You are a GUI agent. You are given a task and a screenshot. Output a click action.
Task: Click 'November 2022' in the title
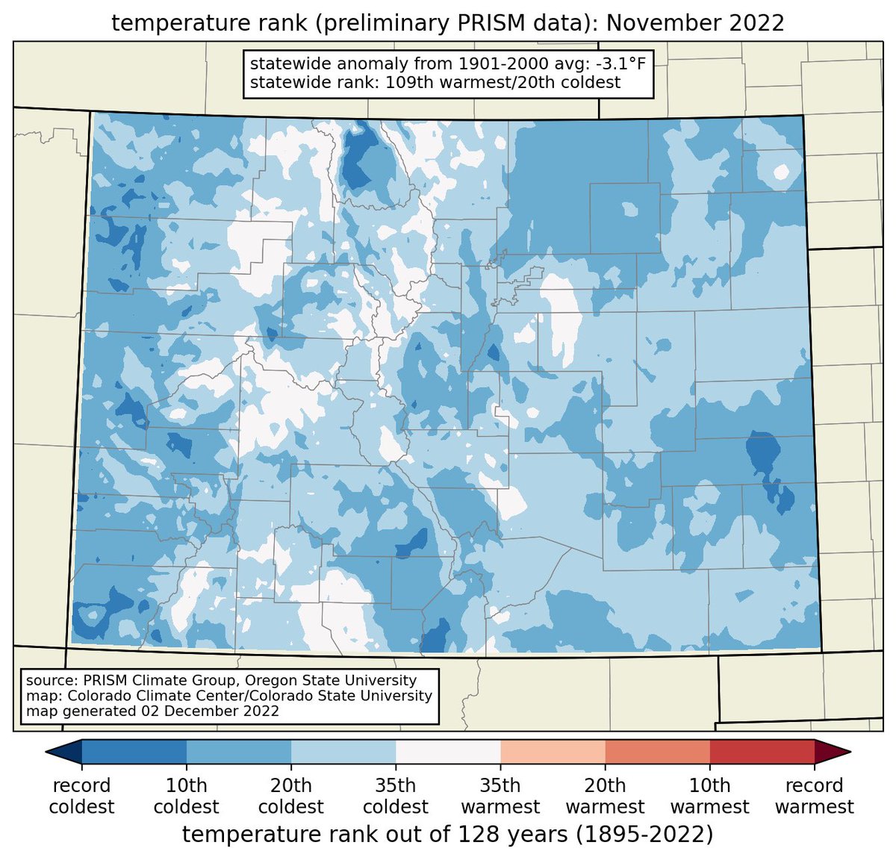pyautogui.click(x=695, y=23)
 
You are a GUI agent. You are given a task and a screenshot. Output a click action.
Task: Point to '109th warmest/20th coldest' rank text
pyautogui.click(x=503, y=82)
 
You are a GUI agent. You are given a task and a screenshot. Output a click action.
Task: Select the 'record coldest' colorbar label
pyautogui.click(x=81, y=796)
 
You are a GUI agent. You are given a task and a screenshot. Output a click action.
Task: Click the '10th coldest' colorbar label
pyautogui.click(x=186, y=796)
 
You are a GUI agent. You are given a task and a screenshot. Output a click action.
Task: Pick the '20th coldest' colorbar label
pyautogui.click(x=290, y=796)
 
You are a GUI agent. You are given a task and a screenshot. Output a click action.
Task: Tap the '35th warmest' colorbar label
pyautogui.click(x=500, y=796)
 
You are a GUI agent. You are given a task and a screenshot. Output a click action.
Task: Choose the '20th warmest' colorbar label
pyautogui.click(x=605, y=796)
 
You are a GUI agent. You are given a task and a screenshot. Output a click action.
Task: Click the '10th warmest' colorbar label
pyautogui.click(x=709, y=796)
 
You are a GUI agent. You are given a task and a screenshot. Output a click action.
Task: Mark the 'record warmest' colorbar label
pyautogui.click(x=814, y=796)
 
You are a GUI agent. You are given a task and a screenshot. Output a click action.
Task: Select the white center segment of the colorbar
pyautogui.click(x=448, y=752)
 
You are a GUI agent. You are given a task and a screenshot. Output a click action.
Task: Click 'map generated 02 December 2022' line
pyautogui.click(x=152, y=711)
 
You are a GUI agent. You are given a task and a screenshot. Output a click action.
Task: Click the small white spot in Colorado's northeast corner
pyautogui.click(x=781, y=172)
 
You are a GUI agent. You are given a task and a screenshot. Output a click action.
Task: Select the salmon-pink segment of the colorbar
pyautogui.click(x=553, y=752)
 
